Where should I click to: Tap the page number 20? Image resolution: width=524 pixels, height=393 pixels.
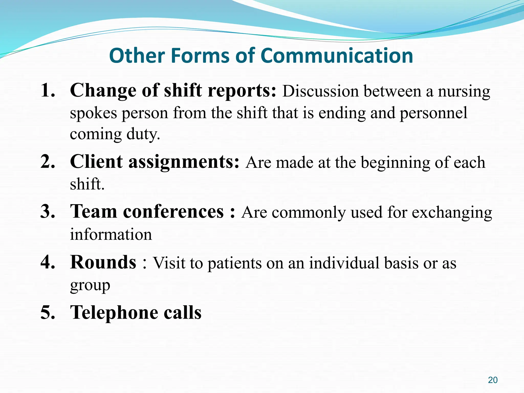point(493,380)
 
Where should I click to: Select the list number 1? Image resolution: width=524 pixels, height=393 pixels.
point(48,90)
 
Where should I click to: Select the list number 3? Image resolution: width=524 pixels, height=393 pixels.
point(48,212)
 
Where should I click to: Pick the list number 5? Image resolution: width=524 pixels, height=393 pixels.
point(48,312)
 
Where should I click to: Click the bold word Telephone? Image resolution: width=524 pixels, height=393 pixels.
point(114,312)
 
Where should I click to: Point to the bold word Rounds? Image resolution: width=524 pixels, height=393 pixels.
point(103,262)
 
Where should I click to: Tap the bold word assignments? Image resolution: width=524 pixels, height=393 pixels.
point(184,162)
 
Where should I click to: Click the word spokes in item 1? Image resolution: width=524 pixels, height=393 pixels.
point(93,113)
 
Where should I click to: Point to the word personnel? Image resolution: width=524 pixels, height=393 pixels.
point(433,113)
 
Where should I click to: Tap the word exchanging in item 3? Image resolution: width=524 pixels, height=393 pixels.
point(452,213)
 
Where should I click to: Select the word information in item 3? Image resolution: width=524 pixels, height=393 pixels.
point(111,234)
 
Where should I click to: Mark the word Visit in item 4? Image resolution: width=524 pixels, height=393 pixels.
point(169,263)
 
